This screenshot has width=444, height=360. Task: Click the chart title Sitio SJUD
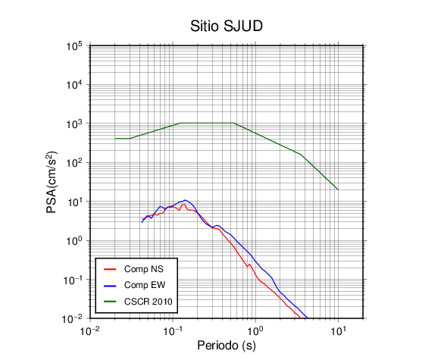click(x=227, y=26)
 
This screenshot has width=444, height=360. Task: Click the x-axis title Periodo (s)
click(x=227, y=346)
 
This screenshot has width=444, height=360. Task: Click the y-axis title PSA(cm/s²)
click(x=52, y=182)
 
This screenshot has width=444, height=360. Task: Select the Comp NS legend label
click(x=144, y=269)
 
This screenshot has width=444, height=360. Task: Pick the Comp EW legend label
click(x=145, y=285)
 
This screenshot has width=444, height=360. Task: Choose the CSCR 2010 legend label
click(x=149, y=302)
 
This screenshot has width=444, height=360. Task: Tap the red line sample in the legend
click(x=110, y=269)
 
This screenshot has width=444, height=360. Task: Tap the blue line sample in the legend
click(x=110, y=286)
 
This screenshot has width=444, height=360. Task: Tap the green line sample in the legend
click(x=110, y=302)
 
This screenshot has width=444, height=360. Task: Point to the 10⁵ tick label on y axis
click(x=74, y=46)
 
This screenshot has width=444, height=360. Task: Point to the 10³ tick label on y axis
click(x=74, y=124)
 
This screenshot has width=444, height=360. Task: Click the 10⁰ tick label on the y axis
click(x=74, y=241)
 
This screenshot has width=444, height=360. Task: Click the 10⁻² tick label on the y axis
click(x=72, y=319)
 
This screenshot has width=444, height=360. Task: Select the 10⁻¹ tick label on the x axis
click(x=173, y=330)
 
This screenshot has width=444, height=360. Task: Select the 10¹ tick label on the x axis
click(x=339, y=330)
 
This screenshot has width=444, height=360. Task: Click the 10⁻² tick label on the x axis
click(x=90, y=330)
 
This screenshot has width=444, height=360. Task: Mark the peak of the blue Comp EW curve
click(x=185, y=200)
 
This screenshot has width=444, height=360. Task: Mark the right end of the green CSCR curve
click(x=338, y=189)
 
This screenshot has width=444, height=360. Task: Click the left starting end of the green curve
click(x=115, y=139)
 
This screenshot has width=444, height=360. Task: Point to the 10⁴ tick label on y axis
click(x=74, y=85)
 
